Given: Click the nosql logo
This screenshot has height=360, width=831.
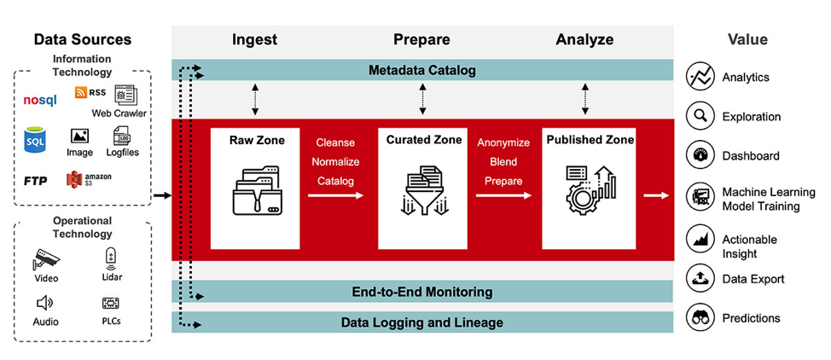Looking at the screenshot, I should pyautogui.click(x=39, y=100).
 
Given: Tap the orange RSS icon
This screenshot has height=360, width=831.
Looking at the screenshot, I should pyautogui.click(x=80, y=92).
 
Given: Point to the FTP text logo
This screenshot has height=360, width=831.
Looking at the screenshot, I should pyautogui.click(x=35, y=181).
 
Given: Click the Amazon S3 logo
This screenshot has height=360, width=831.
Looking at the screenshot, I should pyautogui.click(x=89, y=179).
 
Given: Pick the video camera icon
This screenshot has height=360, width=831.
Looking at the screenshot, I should pyautogui.click(x=46, y=258).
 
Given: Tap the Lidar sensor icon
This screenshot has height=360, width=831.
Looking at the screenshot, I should pyautogui.click(x=110, y=256).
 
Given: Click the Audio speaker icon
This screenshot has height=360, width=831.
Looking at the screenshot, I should pyautogui.click(x=46, y=303).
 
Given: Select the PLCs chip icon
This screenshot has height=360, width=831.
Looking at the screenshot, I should pyautogui.click(x=110, y=303).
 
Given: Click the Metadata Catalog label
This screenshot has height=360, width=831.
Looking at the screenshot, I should pyautogui.click(x=421, y=70).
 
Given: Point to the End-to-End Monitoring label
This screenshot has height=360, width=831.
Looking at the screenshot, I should pyautogui.click(x=421, y=292).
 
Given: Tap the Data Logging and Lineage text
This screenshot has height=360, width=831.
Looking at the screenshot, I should pyautogui.click(x=421, y=322).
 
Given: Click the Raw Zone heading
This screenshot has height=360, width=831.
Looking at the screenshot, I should pyautogui.click(x=256, y=139).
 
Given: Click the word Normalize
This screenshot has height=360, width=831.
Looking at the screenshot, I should pyautogui.click(x=335, y=161).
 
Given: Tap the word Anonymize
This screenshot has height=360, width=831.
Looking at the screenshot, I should pyautogui.click(x=503, y=143).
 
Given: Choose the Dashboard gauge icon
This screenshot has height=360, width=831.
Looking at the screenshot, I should pyautogui.click(x=700, y=155).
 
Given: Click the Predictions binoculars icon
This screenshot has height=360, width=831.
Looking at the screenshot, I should pyautogui.click(x=700, y=318).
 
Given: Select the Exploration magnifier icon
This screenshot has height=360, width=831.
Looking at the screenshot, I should pyautogui.click(x=700, y=116).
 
